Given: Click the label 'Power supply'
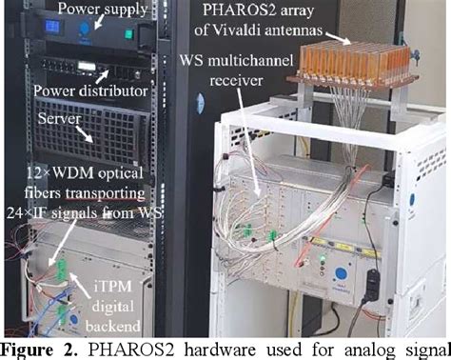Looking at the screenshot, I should tap(103, 10).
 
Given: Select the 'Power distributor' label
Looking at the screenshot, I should tap(91, 92).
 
